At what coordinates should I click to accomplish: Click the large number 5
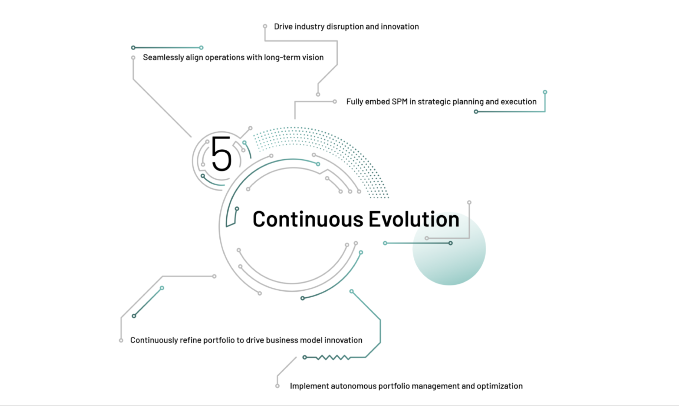pos(222,154)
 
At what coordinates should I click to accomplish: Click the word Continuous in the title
pos(308,219)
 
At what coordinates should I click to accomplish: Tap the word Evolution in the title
pos(414,219)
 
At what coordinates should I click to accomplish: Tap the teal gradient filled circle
pos(449,249)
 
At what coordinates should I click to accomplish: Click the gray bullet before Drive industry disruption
pos(265,26)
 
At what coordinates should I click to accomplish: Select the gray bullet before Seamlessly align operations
pos(133,57)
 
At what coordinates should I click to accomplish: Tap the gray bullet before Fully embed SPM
pos(335,101)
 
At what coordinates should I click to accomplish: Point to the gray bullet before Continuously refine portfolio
pos(121,340)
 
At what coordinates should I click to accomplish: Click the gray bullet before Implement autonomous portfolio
pos(278,386)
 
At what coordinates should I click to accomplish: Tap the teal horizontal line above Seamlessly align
pos(167,48)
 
